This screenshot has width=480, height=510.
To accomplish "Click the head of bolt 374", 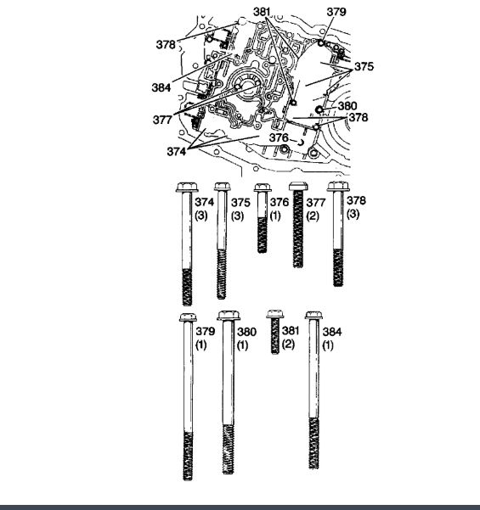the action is point(187,188).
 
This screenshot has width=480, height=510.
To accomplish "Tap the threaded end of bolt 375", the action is point(222,274).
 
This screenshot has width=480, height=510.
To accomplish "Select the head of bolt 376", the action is point(263,188).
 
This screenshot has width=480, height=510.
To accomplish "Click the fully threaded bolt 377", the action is point(298,225).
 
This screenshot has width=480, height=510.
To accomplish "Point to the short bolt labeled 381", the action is point(275,332).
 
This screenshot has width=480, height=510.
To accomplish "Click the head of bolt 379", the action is point(188,317).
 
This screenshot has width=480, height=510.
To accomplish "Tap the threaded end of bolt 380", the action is point(229,449).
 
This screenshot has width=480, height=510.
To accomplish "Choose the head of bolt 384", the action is point(314,315).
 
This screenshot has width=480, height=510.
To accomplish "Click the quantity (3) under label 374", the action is point(201,216).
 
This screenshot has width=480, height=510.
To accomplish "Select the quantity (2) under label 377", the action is point(313,216).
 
